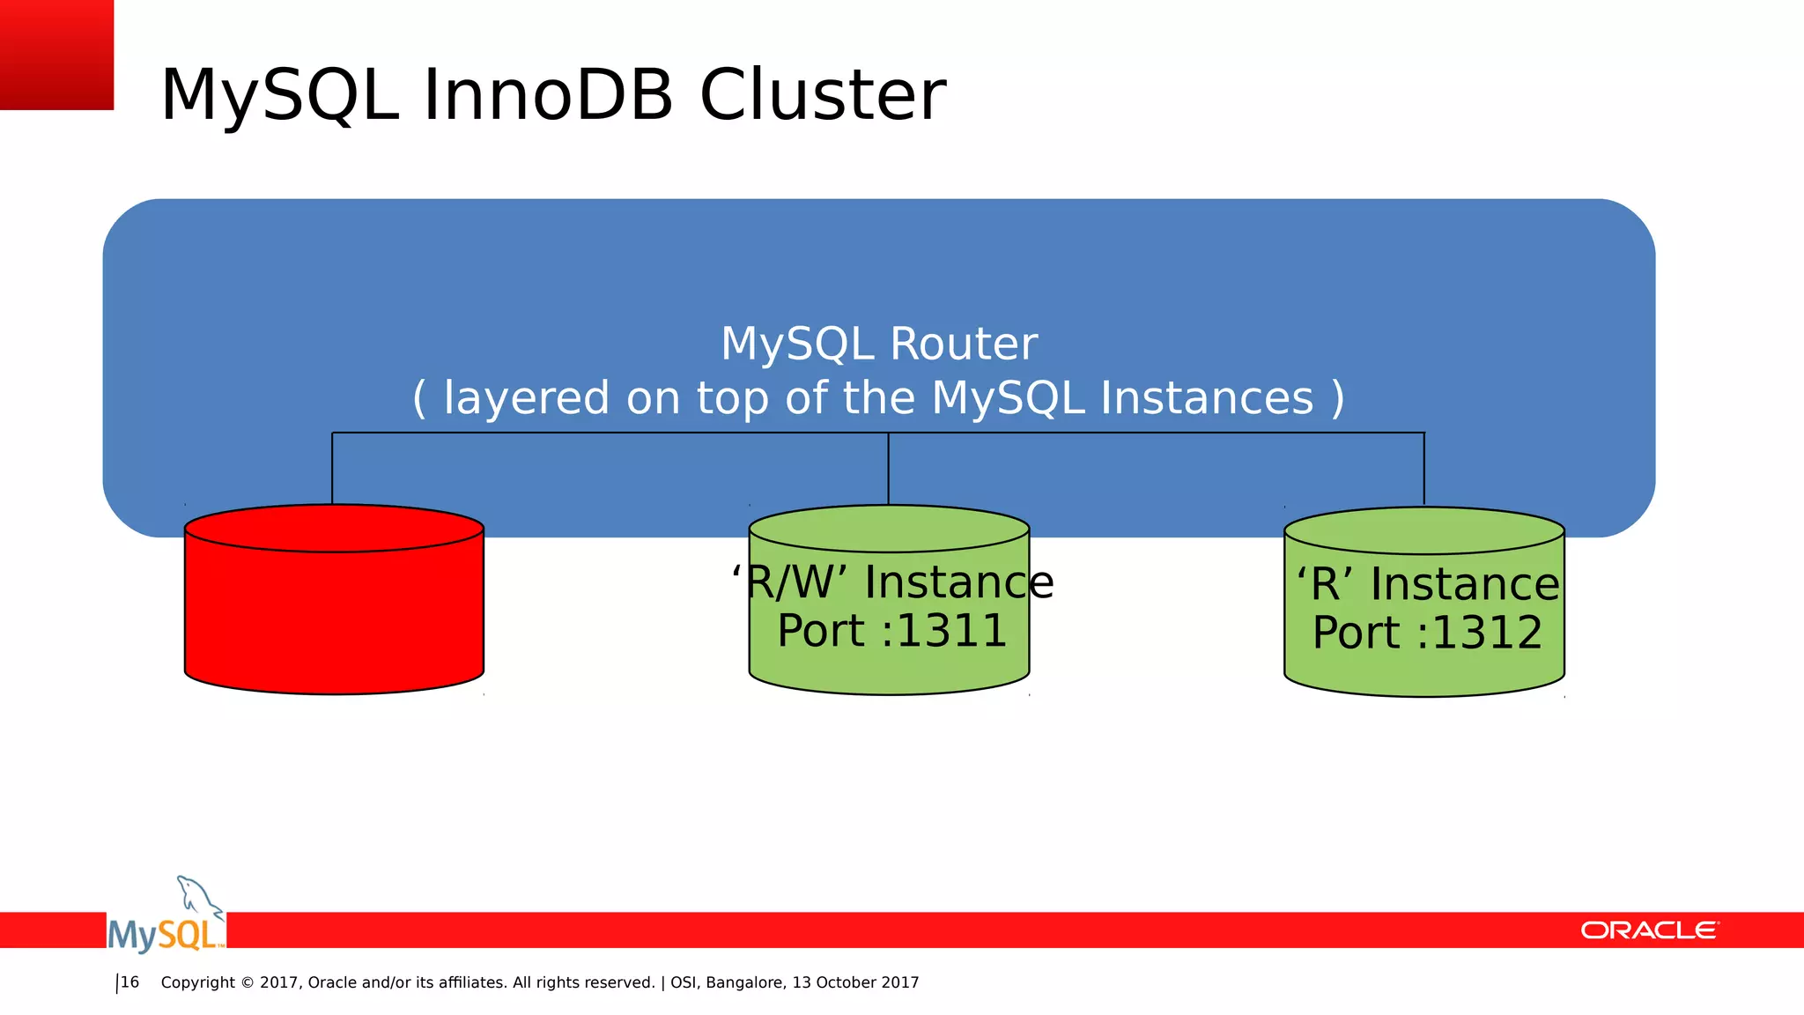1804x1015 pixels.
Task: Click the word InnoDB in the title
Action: pos(548,95)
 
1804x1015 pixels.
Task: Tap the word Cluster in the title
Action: pos(822,95)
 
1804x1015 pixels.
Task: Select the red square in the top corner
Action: pos(56,54)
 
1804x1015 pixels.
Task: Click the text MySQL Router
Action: pos(878,344)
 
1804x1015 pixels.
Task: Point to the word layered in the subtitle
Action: pos(526,398)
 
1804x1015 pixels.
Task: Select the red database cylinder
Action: pos(334,608)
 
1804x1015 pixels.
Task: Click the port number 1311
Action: pos(951,631)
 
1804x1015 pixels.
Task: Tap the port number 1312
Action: pos(1487,633)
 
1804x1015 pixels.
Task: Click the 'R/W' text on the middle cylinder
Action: pos(790,582)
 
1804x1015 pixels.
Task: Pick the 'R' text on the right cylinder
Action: pos(1325,584)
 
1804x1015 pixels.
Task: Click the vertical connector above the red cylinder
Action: pos(332,468)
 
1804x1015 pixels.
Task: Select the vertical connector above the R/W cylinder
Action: pos(888,468)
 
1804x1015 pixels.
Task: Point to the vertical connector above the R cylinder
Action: pos(1423,468)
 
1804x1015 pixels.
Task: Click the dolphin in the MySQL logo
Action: pos(198,897)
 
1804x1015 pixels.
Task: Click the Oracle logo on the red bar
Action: pos(1649,930)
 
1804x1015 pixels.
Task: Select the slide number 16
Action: pos(129,982)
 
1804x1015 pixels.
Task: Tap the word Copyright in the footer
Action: pos(198,982)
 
